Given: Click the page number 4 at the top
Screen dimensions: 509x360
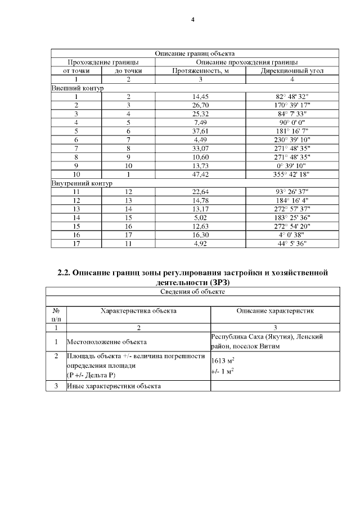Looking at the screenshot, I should pos(192,20).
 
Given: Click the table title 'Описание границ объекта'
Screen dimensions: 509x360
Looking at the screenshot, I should pos(195,53).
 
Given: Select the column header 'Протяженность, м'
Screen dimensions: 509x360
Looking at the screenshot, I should pos(201,71).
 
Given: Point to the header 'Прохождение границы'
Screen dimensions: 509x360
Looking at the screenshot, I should pos(103,62).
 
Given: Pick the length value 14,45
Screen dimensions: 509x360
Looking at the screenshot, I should pos(201,97).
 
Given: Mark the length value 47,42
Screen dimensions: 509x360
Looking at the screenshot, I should pos(201,174).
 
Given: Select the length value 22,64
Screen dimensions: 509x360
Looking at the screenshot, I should pos(201,192).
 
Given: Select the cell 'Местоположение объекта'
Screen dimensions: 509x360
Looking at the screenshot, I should pos(107,341).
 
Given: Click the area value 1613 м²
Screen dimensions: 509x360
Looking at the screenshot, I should pos(223,361).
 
